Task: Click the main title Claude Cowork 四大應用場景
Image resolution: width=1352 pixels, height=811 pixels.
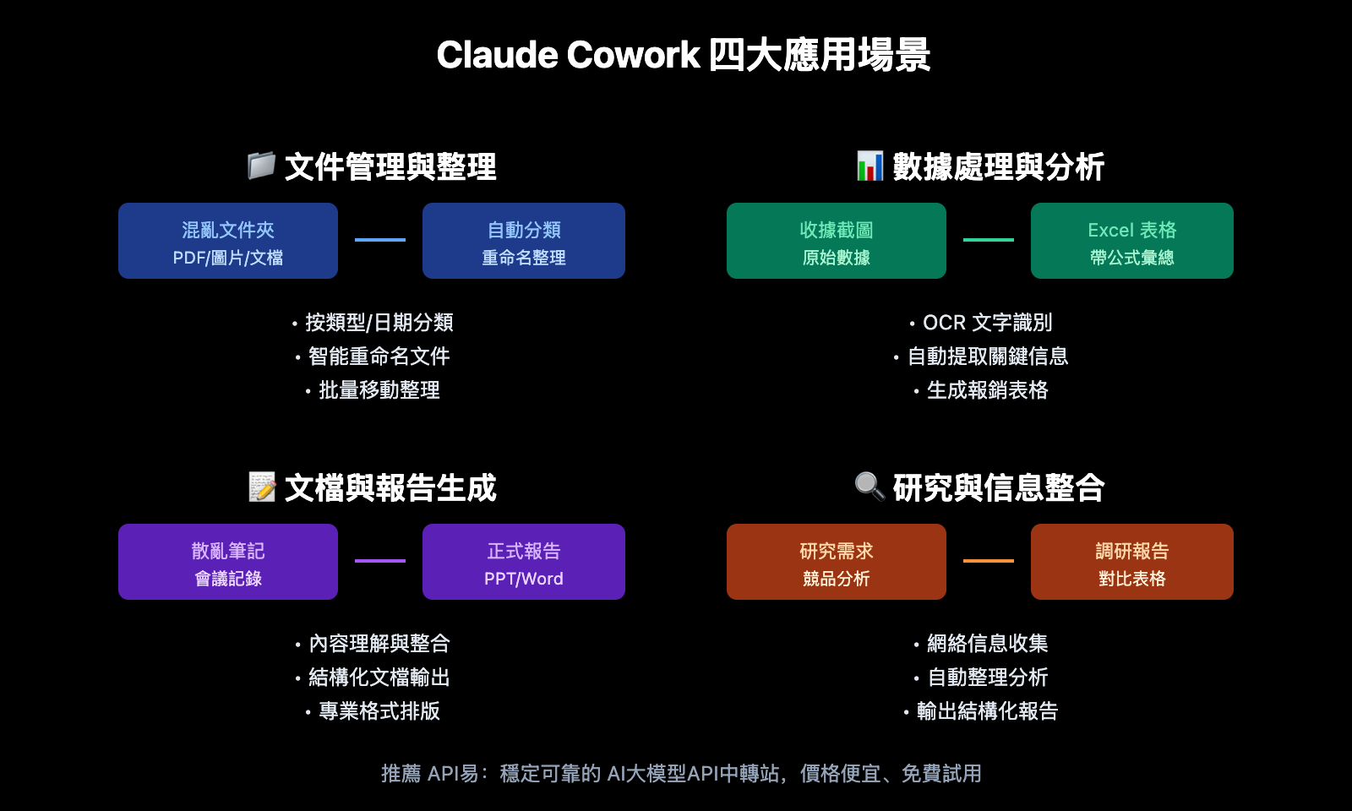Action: click(683, 56)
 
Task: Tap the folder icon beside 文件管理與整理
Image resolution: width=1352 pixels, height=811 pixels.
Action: click(261, 166)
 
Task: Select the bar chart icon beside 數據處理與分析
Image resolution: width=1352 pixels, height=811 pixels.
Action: click(870, 166)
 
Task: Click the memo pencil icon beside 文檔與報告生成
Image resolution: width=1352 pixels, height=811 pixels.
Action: click(262, 487)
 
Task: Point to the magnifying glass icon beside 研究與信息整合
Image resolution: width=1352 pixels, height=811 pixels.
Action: click(870, 487)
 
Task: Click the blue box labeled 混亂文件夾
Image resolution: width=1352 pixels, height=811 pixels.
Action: click(228, 241)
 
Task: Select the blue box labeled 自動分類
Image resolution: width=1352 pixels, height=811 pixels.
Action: click(524, 241)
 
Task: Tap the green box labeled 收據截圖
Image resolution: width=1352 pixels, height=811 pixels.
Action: click(837, 241)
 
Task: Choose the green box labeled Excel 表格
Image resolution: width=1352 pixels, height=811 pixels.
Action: click(1132, 241)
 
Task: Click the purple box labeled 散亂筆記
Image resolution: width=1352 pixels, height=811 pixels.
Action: click(228, 562)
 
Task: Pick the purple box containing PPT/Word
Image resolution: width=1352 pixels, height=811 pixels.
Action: click(524, 562)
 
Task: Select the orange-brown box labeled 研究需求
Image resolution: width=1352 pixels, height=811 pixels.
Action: click(837, 562)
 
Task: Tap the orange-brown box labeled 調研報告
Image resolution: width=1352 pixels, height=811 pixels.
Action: click(1132, 562)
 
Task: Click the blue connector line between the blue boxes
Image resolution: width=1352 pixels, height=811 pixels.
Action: click(380, 240)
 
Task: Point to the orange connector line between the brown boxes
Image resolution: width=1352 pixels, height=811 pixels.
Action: click(989, 561)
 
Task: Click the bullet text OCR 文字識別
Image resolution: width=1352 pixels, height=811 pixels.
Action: click(987, 323)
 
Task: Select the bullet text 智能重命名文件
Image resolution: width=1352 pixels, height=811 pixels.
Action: click(379, 357)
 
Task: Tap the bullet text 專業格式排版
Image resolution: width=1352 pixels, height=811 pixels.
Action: click(379, 711)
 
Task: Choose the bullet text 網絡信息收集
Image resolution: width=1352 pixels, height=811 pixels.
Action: click(987, 644)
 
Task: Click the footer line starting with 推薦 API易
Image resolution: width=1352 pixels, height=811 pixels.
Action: click(681, 774)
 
